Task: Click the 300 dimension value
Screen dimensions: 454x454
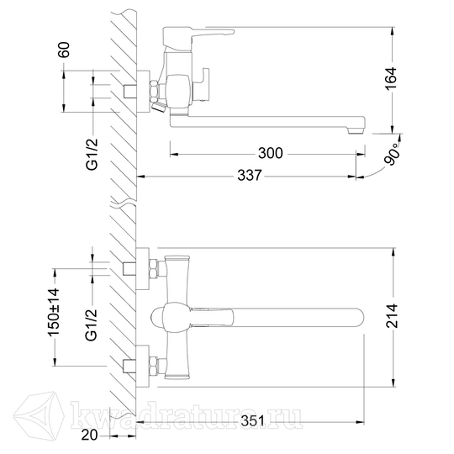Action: (270, 153)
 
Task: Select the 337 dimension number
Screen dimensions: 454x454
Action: (250, 175)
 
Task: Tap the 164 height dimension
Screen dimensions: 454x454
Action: (391, 78)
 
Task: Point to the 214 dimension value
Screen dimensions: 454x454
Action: (392, 315)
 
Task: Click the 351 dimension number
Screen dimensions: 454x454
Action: (252, 421)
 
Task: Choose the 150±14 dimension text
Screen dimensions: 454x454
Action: (54, 312)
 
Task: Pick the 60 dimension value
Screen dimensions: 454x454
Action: (64, 50)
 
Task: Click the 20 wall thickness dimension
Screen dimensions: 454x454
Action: (89, 435)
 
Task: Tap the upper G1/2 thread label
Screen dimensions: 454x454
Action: (92, 154)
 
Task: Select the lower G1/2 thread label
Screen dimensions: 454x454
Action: (92, 325)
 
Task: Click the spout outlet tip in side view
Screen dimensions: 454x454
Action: (356, 131)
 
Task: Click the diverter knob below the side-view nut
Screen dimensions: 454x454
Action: (158, 106)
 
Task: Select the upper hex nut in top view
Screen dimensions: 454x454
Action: (154, 269)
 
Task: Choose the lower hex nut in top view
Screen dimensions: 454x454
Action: (154, 367)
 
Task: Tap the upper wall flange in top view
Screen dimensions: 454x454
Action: (142, 269)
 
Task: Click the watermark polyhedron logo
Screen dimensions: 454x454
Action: (40, 414)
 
